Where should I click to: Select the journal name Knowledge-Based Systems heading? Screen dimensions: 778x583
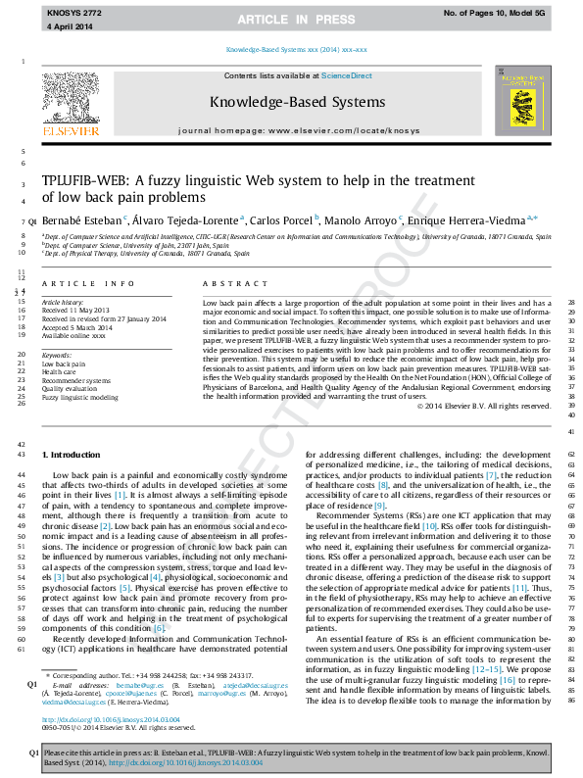click(x=293, y=102)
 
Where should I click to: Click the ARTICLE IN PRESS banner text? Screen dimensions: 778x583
click(x=291, y=19)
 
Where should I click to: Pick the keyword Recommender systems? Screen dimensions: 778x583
click(x=76, y=380)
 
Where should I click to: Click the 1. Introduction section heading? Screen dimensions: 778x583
click(x=73, y=456)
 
